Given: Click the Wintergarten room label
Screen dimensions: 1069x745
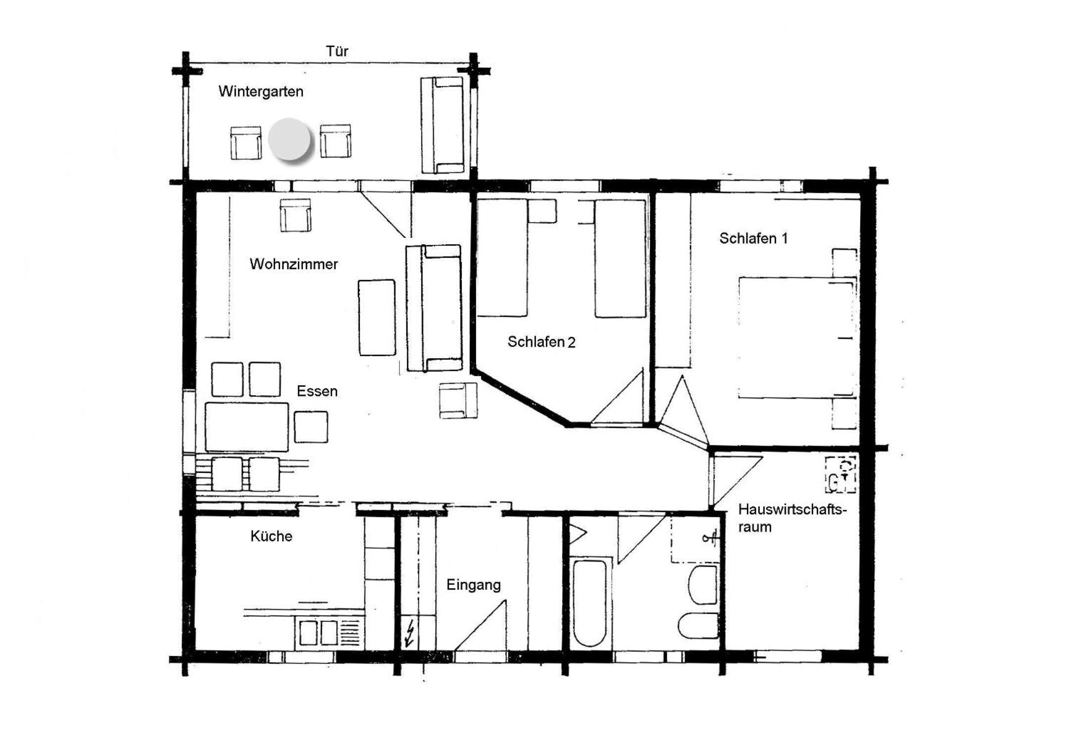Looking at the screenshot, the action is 261,92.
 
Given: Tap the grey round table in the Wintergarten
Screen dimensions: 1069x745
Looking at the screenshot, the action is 290,140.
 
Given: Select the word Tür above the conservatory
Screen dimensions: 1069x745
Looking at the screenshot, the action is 337,51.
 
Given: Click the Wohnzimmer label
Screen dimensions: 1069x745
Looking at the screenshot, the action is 294,264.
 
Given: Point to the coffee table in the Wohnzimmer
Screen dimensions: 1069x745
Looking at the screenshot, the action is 377,318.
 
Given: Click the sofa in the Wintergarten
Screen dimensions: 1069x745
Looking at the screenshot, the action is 442,125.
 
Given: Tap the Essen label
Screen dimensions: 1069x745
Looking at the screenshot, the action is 317,391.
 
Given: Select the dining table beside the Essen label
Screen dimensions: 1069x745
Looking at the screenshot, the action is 246,427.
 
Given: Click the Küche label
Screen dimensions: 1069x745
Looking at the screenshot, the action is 271,536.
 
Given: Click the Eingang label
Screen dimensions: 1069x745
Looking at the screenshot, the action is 474,585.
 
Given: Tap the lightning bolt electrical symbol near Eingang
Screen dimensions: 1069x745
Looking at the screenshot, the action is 410,634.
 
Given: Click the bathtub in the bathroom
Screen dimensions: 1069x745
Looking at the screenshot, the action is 590,603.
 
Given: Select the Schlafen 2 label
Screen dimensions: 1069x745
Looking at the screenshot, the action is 541,342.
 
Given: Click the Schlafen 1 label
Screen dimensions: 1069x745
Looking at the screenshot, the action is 753,238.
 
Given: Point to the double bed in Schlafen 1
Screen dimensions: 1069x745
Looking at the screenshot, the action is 796,337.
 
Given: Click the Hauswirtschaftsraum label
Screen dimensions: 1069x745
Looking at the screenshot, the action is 792,518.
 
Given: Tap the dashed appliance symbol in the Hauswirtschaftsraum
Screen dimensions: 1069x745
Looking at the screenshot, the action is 840,475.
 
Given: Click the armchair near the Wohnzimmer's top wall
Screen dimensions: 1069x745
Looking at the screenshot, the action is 295,215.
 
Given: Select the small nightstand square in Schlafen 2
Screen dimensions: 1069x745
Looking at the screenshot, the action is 542,211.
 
